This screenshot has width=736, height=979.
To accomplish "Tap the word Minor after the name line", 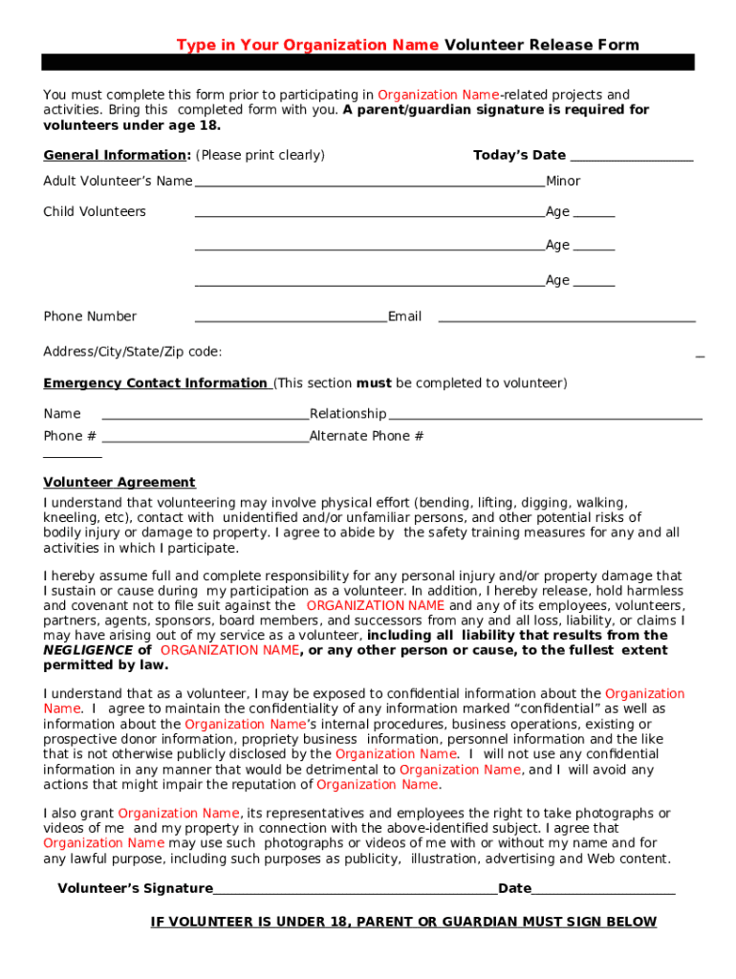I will pos(563,182).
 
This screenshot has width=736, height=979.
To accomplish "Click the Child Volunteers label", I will pos(95,212).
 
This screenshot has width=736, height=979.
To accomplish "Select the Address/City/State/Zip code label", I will pos(133,352).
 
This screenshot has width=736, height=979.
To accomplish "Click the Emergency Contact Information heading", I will pos(155,383).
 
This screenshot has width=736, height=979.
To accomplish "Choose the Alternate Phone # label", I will pos(366,437).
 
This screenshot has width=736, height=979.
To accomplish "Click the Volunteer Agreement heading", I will pos(119,483).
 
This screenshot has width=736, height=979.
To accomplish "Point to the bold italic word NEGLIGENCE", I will pos(88,650).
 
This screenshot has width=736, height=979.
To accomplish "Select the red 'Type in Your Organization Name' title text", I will pos(308,45).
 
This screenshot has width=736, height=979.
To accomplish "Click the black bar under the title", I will pos(368,62).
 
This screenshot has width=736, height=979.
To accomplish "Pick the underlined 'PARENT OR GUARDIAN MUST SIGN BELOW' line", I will pos(403,923).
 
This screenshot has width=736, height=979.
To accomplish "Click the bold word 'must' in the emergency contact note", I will pos(374,383).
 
